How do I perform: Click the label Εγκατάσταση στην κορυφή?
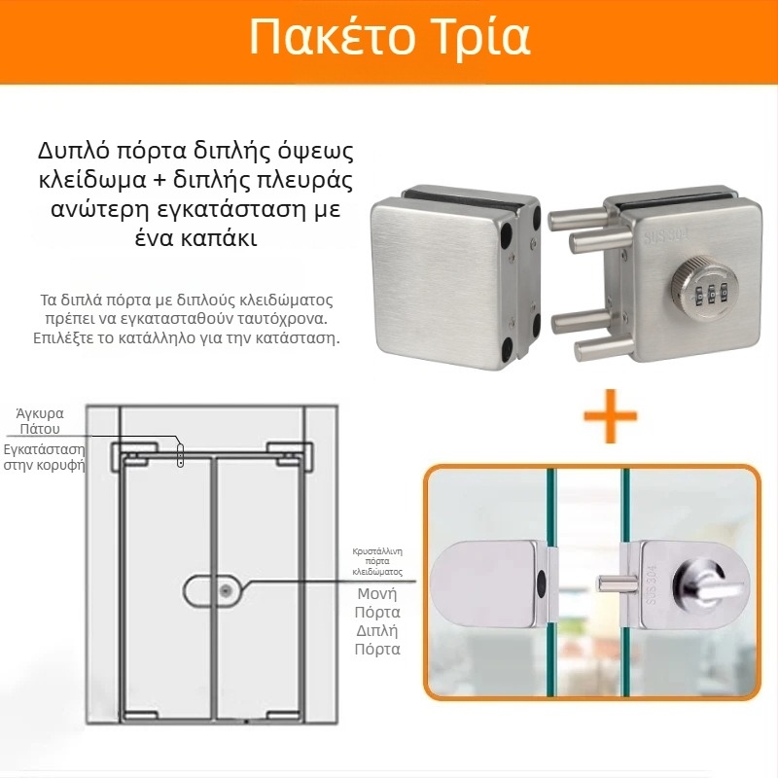pos(44,457)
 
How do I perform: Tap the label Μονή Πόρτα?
pos(378,603)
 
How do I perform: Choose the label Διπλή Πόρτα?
pos(378,640)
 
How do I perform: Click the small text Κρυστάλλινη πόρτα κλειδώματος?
pos(377,562)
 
